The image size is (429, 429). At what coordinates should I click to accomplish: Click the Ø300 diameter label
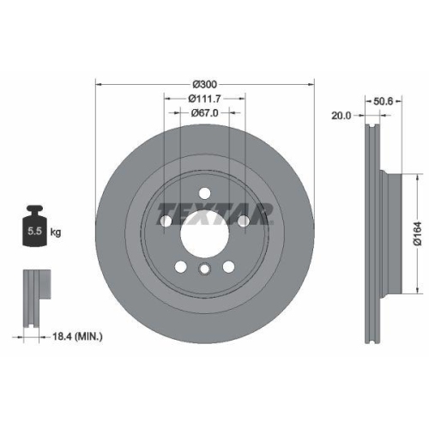point(204,83)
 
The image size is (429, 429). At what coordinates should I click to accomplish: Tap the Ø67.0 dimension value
point(203,112)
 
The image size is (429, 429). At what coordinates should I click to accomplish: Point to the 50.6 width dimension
point(383,100)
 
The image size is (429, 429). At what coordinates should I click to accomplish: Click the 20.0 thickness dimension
point(342,114)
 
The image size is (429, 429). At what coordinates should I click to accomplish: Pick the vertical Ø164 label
point(414,230)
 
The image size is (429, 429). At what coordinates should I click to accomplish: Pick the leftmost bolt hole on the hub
point(165,221)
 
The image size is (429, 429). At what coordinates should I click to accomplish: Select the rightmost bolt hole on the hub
point(244,221)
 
